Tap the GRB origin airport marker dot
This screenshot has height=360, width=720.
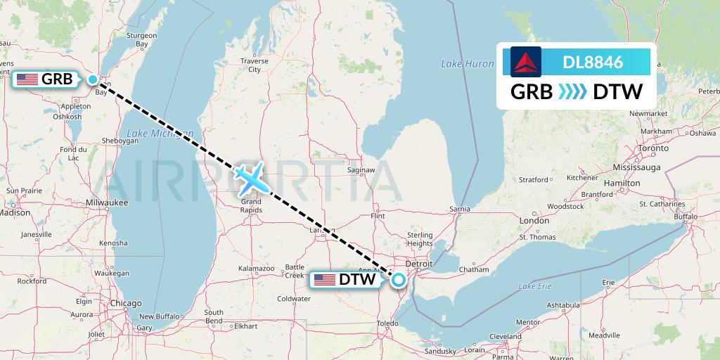tap(93, 79)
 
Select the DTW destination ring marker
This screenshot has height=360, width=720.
tap(399, 280)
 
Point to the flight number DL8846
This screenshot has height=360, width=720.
tap(593, 62)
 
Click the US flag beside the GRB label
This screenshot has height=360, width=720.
tap(27, 79)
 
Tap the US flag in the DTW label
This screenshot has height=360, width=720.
tap(325, 280)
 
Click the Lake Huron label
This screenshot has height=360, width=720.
tap(468, 64)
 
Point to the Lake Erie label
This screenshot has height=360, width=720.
tap(535, 286)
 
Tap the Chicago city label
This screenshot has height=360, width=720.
tap(126, 303)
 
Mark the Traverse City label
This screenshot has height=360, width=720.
tap(254, 65)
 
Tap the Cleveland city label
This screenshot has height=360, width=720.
tap(506, 337)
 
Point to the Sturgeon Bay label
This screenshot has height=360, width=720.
tap(141, 39)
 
